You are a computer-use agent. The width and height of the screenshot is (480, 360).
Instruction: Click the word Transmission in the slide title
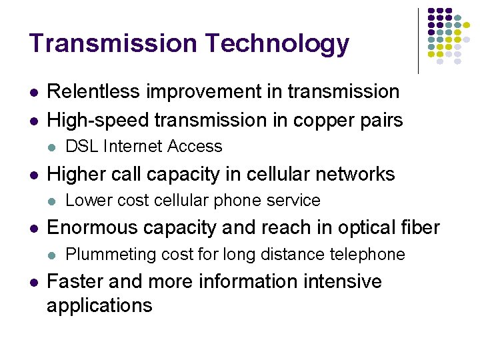point(113,43)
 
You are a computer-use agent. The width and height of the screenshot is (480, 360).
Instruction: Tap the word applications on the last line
point(99,306)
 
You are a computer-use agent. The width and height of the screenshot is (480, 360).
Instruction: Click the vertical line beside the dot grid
point(418,40)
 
